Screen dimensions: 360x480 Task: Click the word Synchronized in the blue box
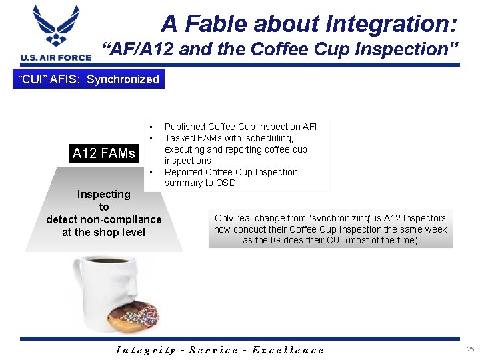(123, 79)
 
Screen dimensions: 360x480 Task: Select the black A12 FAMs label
(103, 153)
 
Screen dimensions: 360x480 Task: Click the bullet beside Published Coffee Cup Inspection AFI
(152, 127)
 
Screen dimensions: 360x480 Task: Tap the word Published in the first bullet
(185, 127)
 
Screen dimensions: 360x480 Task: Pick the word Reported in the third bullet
(184, 172)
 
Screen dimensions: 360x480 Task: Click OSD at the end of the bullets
(225, 183)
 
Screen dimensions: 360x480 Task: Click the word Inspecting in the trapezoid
(103, 194)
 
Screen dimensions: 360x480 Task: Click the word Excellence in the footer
(288, 349)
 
